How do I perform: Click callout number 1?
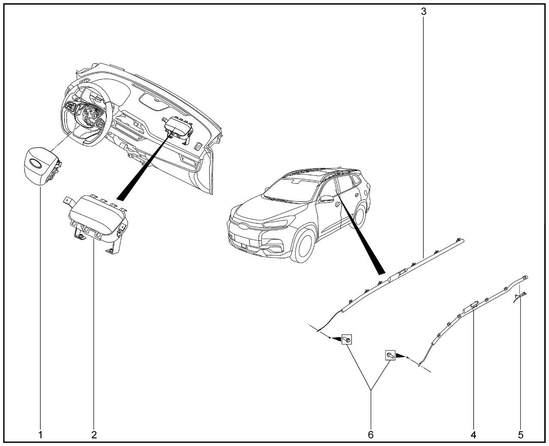coord(40,435)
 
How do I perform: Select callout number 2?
coord(94,435)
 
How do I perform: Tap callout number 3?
coord(424,12)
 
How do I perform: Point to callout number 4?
coord(473,435)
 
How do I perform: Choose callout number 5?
coord(520,435)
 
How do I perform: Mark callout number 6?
coord(371,435)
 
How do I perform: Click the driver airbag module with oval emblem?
coord(41,166)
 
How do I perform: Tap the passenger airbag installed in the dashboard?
coord(178,129)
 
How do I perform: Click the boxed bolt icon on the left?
coord(347,339)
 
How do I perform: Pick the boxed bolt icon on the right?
coord(390,355)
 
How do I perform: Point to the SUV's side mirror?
coord(326,199)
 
